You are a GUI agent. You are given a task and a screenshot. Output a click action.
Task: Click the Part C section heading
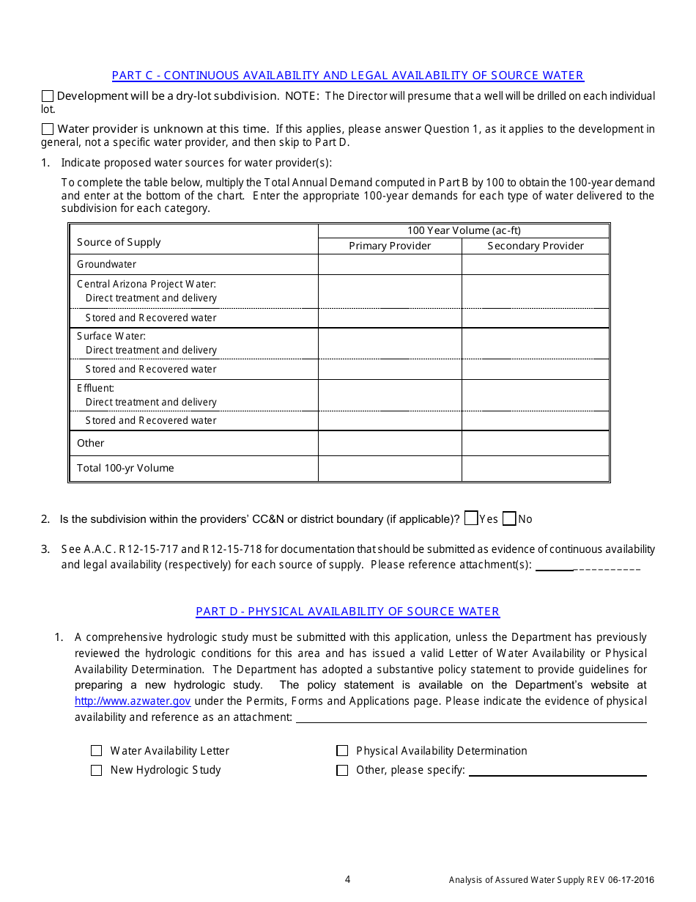347,76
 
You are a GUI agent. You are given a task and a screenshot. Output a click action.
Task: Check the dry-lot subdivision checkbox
48,96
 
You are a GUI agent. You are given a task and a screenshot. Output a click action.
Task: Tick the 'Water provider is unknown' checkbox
48,129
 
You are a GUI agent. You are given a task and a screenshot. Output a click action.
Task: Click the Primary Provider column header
390,246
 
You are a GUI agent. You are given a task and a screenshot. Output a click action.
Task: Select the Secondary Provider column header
536,246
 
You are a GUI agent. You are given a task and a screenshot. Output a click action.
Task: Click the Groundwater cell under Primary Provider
390,264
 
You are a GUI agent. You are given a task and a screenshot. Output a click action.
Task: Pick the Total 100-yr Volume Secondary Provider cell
536,468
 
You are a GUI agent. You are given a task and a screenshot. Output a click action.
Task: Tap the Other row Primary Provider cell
390,443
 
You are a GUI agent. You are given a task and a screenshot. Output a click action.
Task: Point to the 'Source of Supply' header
119,242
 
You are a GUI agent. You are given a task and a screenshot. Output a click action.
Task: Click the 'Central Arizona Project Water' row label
147,284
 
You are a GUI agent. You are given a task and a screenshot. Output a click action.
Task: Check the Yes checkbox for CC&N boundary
471,518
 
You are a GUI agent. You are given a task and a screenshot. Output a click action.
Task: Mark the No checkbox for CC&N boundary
510,518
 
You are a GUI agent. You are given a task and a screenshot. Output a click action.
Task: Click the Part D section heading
347,612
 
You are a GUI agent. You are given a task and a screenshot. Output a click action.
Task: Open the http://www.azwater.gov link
133,701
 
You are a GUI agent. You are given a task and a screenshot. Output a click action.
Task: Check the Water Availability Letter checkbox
96,751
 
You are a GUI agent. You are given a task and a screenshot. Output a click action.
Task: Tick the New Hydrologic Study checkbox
96,771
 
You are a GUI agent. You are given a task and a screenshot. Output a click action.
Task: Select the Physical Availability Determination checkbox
342,751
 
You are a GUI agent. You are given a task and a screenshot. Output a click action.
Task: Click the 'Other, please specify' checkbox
342,771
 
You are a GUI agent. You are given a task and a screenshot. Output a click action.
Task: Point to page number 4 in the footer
347,879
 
